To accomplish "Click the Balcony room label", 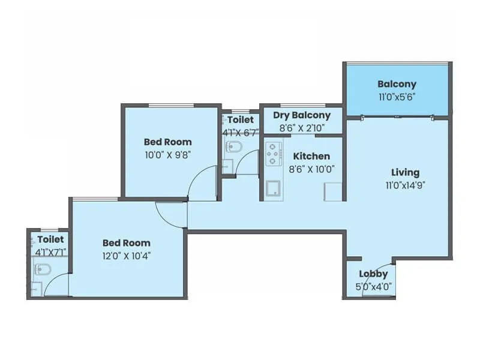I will coord(397,84).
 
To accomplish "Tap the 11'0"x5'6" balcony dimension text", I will coord(397,95).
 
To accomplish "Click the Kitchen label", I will coord(311,156).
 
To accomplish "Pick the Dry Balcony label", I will coord(302,115).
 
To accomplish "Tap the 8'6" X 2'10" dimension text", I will coord(302,127).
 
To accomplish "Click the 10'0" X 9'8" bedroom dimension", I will coord(168,154).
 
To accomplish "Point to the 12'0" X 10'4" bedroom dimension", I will coord(126,255).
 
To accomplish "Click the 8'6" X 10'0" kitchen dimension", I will coord(311,169).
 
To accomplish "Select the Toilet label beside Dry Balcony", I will coord(240,119).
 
